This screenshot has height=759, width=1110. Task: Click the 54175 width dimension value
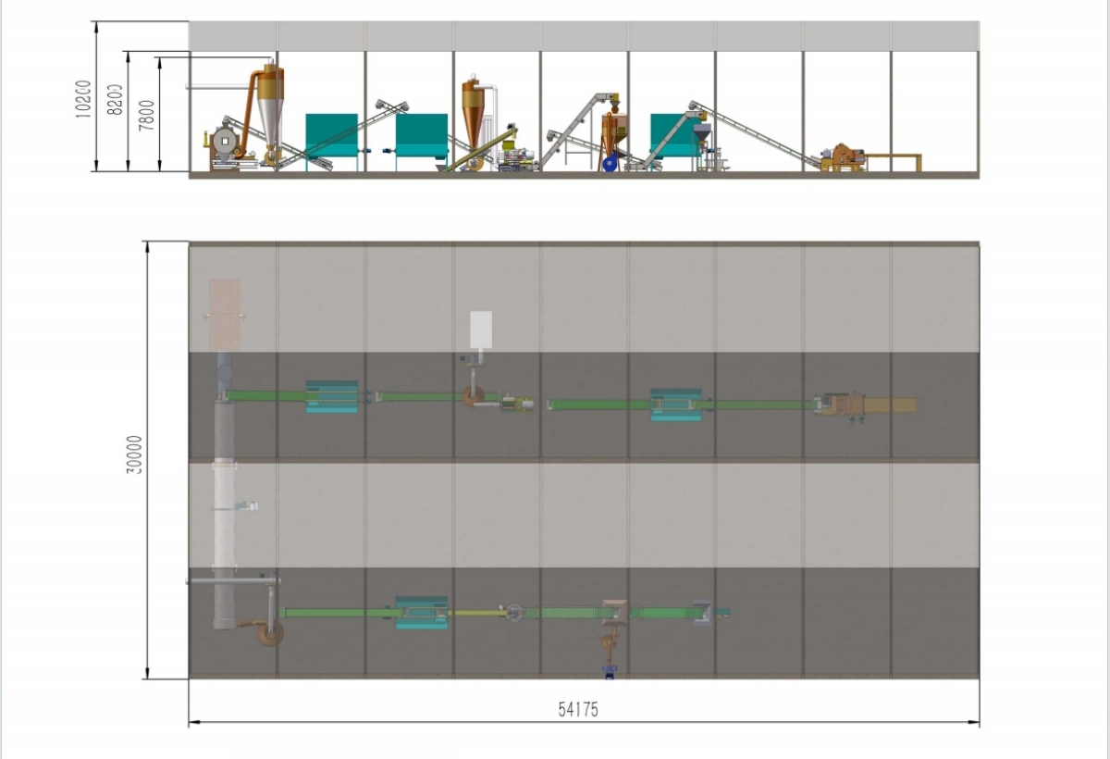click(x=579, y=710)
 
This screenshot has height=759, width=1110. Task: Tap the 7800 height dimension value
click(x=146, y=116)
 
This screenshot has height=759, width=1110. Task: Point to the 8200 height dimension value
click(x=115, y=99)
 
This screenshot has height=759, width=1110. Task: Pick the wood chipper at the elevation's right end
click(x=843, y=158)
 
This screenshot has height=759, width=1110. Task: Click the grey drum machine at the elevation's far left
click(x=223, y=143)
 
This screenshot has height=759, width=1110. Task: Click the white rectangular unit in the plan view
click(x=481, y=329)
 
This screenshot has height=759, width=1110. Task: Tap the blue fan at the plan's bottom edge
click(x=609, y=671)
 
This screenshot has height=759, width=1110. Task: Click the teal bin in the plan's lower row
click(x=422, y=613)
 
